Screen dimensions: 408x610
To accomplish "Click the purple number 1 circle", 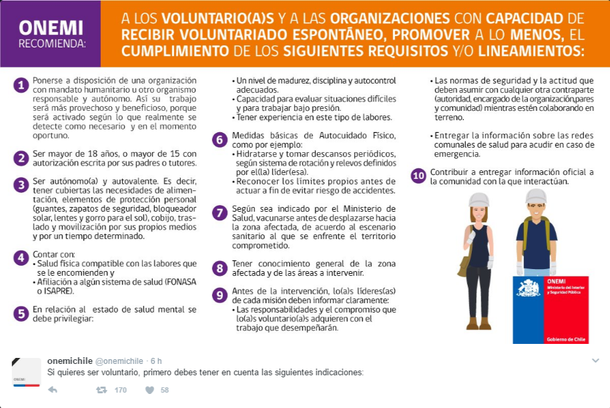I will [21, 85].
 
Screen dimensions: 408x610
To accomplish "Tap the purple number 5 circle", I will [21, 313].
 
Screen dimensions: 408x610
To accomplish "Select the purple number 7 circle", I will [219, 213].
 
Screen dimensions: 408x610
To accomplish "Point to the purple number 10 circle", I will [418, 176].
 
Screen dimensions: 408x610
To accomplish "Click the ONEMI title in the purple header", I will [52, 27].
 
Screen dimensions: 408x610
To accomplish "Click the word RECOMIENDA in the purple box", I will [51, 44].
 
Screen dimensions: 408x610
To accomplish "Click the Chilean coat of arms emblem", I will [528, 289].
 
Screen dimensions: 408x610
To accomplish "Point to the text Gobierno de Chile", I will [566, 339].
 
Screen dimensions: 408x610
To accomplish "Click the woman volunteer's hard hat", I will [479, 198].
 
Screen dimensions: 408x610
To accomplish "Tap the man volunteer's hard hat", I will [536, 196].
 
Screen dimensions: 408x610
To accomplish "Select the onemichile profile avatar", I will [27, 372].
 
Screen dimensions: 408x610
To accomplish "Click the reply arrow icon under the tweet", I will [53, 390].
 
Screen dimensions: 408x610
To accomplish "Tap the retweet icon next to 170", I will [101, 390].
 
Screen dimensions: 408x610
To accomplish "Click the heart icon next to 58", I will [149, 390].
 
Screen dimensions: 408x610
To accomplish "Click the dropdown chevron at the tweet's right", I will [595, 361].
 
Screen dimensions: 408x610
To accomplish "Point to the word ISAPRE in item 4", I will [58, 291].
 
